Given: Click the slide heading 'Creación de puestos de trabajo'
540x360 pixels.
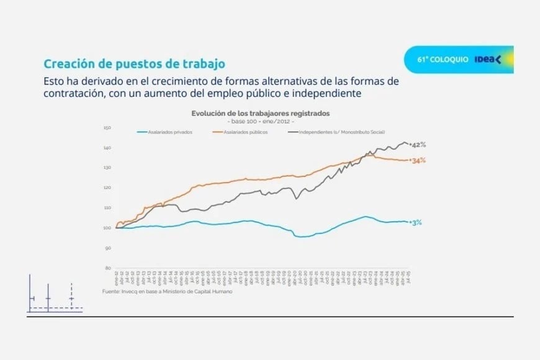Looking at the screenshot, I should (133, 64).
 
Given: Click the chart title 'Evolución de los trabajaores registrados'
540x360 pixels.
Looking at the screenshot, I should (260, 114).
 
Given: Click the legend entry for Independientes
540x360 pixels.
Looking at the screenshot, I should (341, 132).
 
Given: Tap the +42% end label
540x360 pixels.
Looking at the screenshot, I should (418, 144).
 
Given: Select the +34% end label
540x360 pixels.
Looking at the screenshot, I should (418, 160).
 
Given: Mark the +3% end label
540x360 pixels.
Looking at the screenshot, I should (416, 222).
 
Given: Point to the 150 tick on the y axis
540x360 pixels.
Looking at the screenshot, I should (106, 128).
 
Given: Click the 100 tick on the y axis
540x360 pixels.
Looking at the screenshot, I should (106, 228).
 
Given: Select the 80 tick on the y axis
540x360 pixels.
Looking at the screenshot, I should (107, 268).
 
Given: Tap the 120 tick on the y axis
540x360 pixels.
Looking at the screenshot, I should (106, 187).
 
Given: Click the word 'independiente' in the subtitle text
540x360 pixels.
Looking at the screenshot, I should (330, 93).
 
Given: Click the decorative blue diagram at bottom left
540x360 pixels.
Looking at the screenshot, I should (55, 299).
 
